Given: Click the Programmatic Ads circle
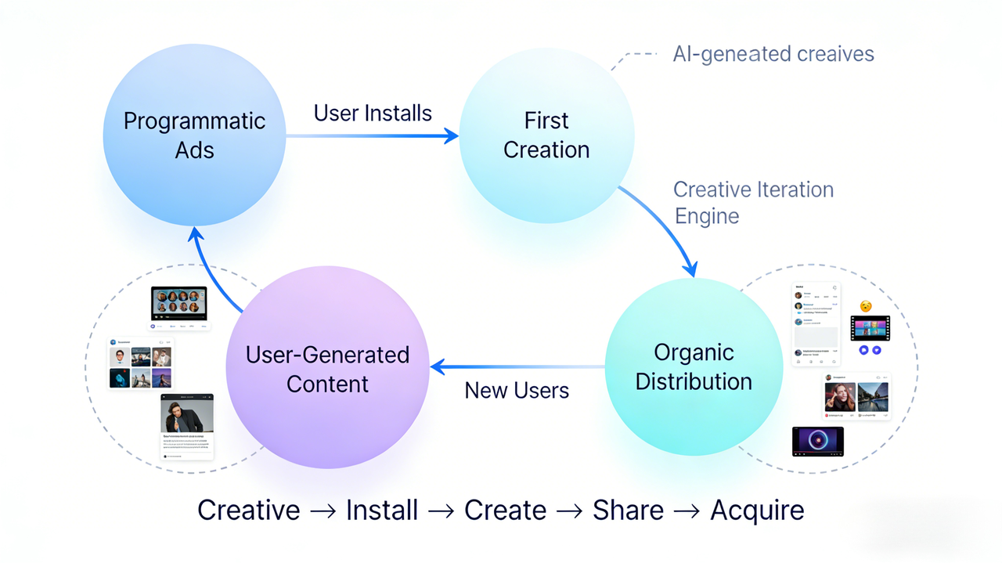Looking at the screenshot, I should (194, 136).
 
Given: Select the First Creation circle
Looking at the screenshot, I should (546, 135).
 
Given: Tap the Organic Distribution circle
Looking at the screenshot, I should (694, 367).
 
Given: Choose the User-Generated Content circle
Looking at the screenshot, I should (327, 369).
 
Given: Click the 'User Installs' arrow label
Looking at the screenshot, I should (373, 113).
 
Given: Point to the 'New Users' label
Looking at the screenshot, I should (517, 390).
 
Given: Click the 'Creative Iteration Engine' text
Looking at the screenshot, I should (752, 203).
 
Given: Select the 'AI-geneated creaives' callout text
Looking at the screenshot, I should (773, 54).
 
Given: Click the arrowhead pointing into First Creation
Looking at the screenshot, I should (452, 136).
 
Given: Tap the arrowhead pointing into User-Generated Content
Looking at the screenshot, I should (438, 366).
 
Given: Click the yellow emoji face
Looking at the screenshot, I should (865, 306).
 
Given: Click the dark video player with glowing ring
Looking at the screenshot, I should (817, 441).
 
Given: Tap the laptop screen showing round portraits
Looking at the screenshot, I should (178, 301).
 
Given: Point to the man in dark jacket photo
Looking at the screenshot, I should (187, 413).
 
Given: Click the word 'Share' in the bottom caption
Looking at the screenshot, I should (628, 511).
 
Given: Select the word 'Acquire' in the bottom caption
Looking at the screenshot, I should (757, 511).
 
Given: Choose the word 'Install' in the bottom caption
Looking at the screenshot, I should (382, 511).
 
